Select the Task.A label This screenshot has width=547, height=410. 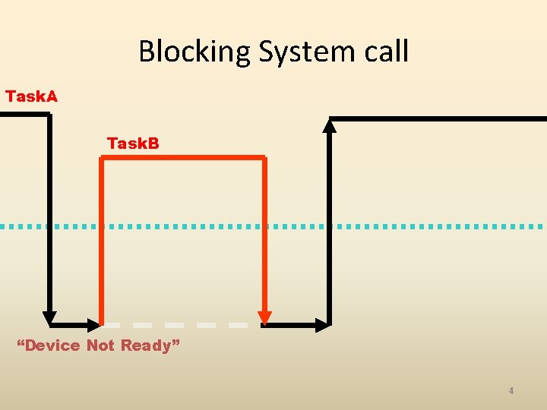(31, 96)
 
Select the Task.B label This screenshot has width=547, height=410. (133, 143)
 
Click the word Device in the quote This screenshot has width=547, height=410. (52, 345)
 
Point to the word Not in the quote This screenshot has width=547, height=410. (100, 345)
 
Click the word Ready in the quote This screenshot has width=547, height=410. (149, 345)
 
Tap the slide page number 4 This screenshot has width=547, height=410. (511, 391)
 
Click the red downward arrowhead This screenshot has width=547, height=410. (264, 316)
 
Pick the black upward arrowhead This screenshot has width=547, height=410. (330, 125)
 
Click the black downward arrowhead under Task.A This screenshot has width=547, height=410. (49, 317)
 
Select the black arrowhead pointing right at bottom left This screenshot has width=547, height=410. (94, 325)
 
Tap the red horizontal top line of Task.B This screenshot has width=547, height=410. (182, 158)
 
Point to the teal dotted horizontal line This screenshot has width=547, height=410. (273, 226)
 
